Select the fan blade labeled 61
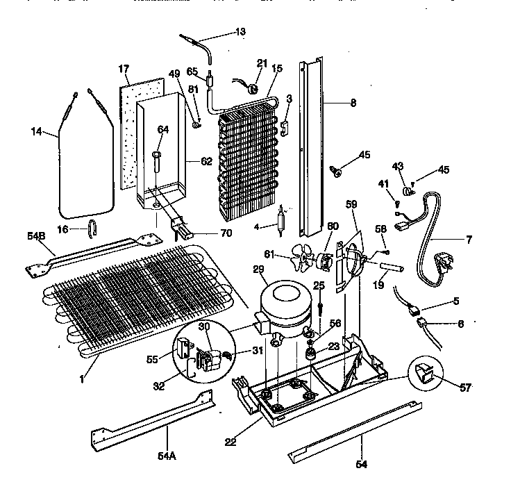303,260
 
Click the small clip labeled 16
92,226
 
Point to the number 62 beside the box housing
206,162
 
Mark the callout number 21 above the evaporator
261,64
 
